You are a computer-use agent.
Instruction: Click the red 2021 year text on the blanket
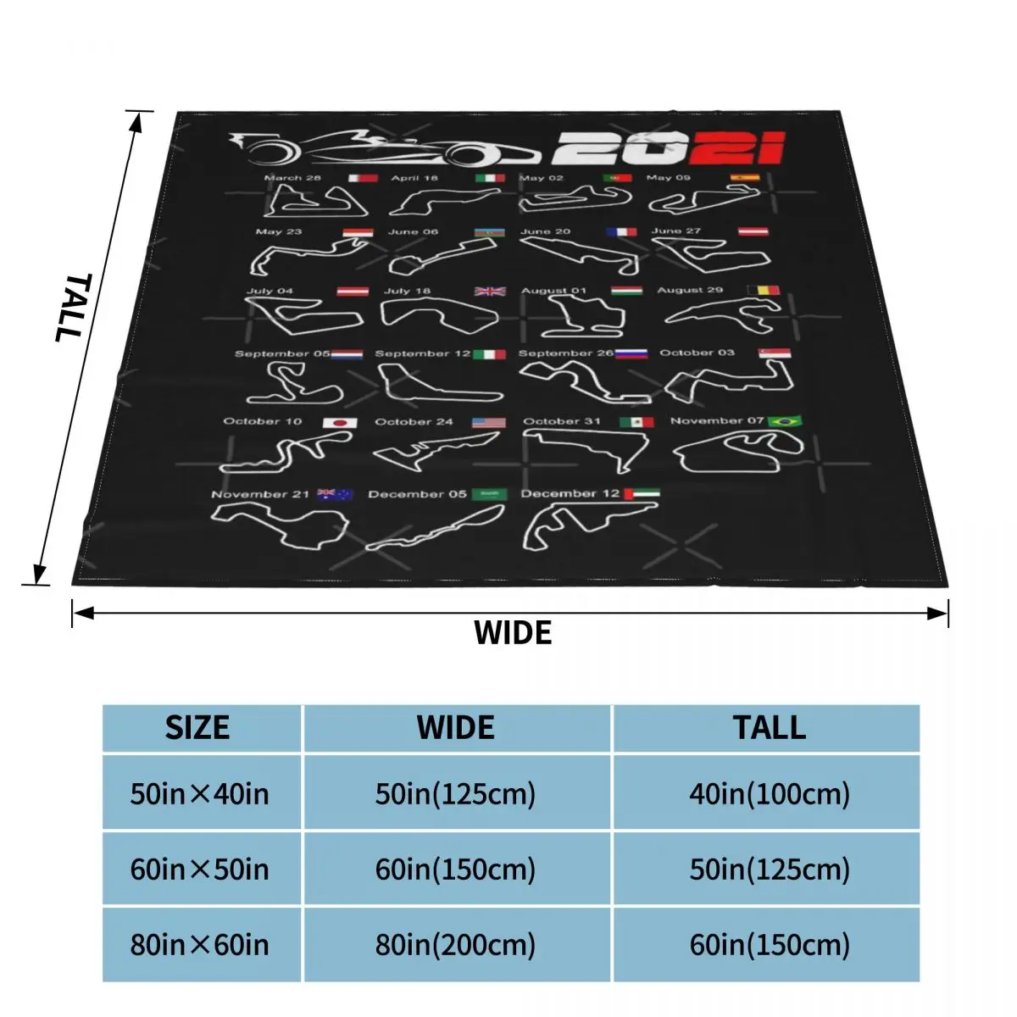pyautogui.click(x=668, y=150)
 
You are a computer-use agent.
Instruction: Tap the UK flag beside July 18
pyautogui.click(x=490, y=292)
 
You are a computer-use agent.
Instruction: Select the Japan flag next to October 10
pyautogui.click(x=340, y=422)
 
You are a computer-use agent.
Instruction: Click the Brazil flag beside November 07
pyautogui.click(x=783, y=420)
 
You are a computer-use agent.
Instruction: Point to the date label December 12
pyautogui.click(x=570, y=493)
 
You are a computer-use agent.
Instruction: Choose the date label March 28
pyautogui.click(x=292, y=178)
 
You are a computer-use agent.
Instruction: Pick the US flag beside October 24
pyautogui.click(x=489, y=422)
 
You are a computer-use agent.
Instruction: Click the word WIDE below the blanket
pyautogui.click(x=513, y=633)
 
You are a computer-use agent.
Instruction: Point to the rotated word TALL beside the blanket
pyautogui.click(x=75, y=307)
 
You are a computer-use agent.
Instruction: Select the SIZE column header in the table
pyautogui.click(x=197, y=728)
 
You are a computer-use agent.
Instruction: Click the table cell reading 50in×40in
pyautogui.click(x=200, y=794)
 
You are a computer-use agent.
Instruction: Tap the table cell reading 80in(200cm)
pyautogui.click(x=456, y=945)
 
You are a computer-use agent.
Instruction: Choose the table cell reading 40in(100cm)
pyautogui.click(x=770, y=794)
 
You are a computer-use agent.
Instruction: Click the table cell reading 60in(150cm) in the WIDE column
pyautogui.click(x=456, y=870)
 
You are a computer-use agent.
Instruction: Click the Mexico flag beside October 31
pyautogui.click(x=636, y=422)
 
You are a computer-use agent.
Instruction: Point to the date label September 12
pyautogui.click(x=422, y=353)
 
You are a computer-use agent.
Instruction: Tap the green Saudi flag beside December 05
pyautogui.click(x=488, y=494)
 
